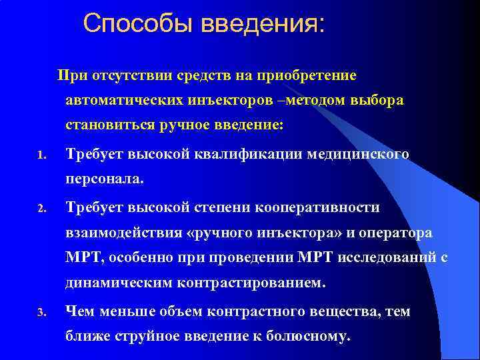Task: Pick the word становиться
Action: tap(107, 125)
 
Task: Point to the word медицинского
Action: tap(358, 154)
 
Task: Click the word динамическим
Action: tap(119, 285)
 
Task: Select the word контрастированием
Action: tap(253, 285)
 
